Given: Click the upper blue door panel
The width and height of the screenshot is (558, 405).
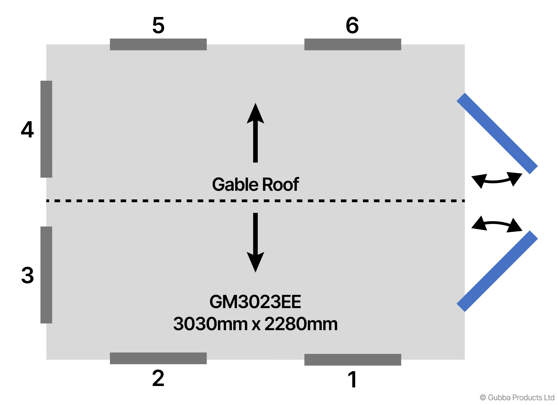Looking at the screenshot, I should pyautogui.click(x=498, y=134).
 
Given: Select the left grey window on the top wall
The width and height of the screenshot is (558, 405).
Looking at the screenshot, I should pyautogui.click(x=158, y=44).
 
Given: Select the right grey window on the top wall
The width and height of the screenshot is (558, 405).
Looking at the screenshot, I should pyautogui.click(x=353, y=44).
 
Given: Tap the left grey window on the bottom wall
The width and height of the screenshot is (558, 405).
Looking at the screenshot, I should pyautogui.click(x=158, y=358).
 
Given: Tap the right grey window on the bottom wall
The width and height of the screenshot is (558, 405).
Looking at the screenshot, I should pyautogui.click(x=353, y=360).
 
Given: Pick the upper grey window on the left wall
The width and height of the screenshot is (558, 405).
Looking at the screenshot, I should pyautogui.click(x=46, y=129).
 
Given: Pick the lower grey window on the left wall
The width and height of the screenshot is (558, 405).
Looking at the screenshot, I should pyautogui.click(x=46, y=275).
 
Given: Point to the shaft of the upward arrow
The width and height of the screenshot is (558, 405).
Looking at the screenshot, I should pyautogui.click(x=255, y=142).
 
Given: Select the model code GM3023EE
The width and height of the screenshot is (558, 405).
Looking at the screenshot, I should pyautogui.click(x=255, y=302).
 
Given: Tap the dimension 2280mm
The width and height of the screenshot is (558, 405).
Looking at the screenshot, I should pyautogui.click(x=301, y=324).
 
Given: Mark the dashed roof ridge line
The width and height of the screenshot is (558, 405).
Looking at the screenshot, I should pyautogui.click(x=167, y=201).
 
